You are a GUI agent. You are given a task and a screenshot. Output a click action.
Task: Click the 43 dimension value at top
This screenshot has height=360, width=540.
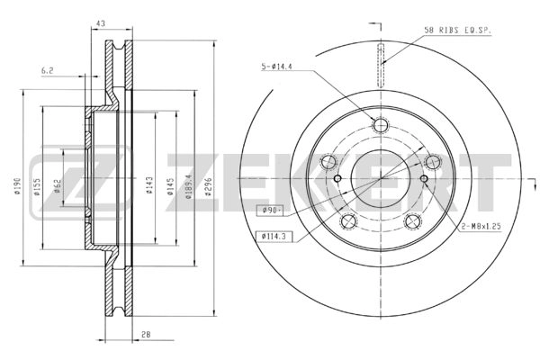tap(101, 23)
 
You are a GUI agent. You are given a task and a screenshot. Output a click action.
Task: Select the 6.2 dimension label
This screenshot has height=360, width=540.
tap(47, 71)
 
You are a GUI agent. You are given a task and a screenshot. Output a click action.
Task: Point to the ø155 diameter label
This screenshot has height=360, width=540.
tap(37, 186)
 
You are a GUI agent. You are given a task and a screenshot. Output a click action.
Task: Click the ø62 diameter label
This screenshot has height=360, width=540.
tap(57, 186)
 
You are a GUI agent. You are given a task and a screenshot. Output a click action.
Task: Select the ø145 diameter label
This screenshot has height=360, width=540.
tap(170, 186)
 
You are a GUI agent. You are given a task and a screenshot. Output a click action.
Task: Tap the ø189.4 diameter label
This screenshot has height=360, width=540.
tap(188, 186)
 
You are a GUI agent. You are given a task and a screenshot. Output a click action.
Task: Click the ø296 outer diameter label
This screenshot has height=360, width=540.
tap(208, 186)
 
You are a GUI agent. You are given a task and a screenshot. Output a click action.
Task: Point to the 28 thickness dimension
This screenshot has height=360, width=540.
tap(146, 334)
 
